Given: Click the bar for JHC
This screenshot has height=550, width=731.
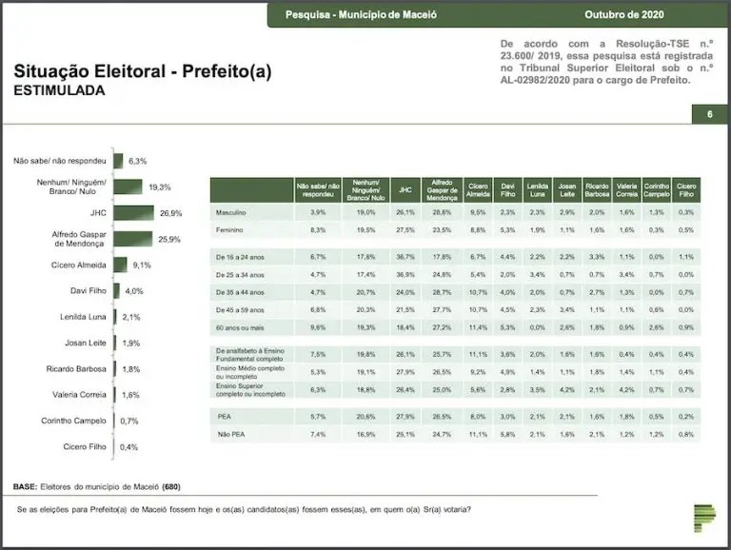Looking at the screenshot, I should pos(134,213).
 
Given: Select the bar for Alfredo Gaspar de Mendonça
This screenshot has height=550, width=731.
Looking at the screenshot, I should pos(133,239).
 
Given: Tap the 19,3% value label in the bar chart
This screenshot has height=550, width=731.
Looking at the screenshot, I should pos(160,187).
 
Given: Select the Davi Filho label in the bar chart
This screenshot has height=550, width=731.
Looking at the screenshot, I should pos(86,290).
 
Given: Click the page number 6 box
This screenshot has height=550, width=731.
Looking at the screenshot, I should pos(709,115).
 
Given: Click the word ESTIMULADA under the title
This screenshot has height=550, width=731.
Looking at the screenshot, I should pos(59,91).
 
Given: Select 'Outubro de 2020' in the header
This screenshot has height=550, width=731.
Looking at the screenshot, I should pos(624,14).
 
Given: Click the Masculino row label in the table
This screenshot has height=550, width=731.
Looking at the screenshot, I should pos(232,211).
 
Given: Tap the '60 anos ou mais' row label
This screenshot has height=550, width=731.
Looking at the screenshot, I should pos(238,327).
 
